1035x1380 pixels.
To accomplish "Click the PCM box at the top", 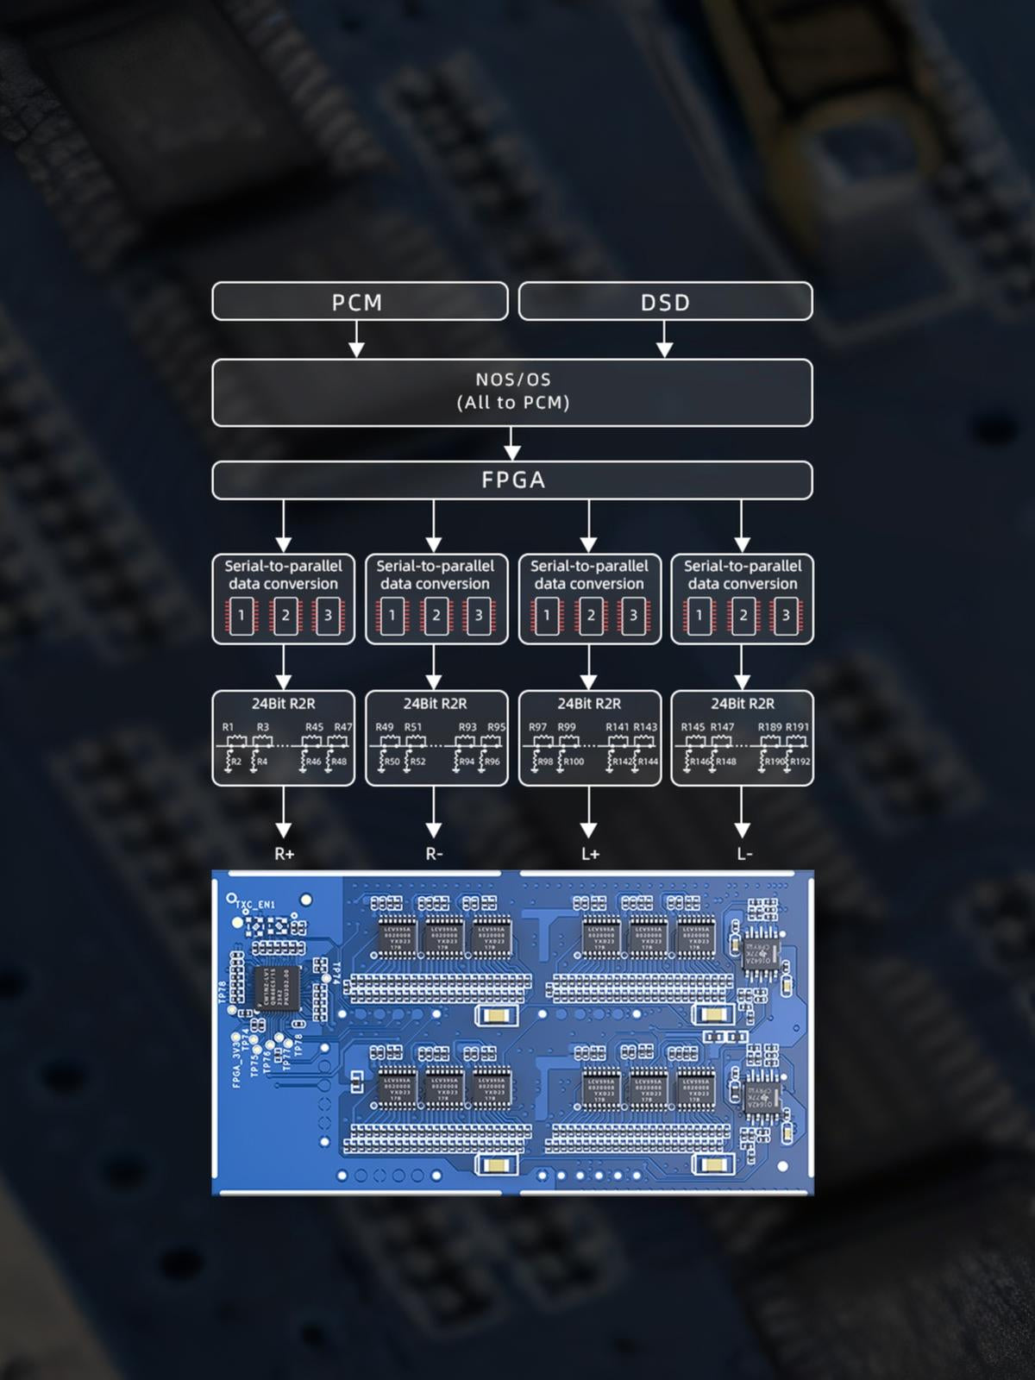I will pyautogui.click(x=359, y=302).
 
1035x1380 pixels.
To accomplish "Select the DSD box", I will pyautogui.click(x=665, y=302).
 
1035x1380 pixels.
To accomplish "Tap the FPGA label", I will pyautogui.click(x=512, y=480).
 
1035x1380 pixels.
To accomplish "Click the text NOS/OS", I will pyautogui.click(x=512, y=379).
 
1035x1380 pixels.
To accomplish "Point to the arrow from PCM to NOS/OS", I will pyautogui.click(x=356, y=340).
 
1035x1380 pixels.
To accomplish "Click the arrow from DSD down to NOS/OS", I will pyautogui.click(x=664, y=340).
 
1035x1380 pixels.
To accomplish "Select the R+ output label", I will pyautogui.click(x=284, y=854).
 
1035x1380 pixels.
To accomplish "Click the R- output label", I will pyautogui.click(x=434, y=854).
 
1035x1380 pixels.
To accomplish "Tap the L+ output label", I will pyautogui.click(x=590, y=854).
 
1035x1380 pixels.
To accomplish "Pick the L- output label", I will pyautogui.click(x=743, y=854).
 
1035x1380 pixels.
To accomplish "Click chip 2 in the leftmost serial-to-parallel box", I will pyautogui.click(x=285, y=616).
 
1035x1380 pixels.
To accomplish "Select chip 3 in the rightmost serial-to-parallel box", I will pyautogui.click(x=786, y=616).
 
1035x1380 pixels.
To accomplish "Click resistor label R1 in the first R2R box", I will pyautogui.click(x=228, y=727).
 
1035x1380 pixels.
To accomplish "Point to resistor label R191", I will pyautogui.click(x=797, y=727).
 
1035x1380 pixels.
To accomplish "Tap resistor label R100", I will pyautogui.click(x=574, y=762).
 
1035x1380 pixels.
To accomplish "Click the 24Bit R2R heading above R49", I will pyautogui.click(x=435, y=704).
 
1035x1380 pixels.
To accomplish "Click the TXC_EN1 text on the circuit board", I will pyautogui.click(x=255, y=905).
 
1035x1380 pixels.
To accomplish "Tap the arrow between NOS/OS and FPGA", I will pyautogui.click(x=512, y=443).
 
